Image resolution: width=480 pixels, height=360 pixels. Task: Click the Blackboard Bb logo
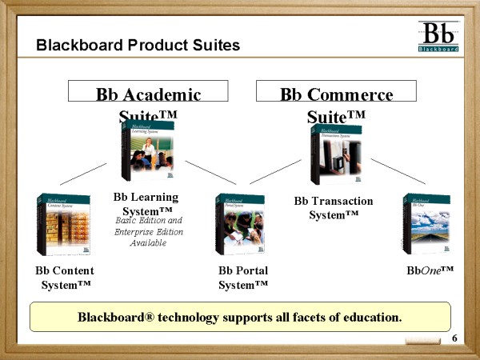pyautogui.click(x=438, y=37)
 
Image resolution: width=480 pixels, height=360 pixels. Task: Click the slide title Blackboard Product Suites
pyautogui.click(x=138, y=46)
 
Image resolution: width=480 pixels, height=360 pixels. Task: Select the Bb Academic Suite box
pyautogui.click(x=148, y=91)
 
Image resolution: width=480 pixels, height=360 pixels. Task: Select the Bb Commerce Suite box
pyautogui.click(x=337, y=91)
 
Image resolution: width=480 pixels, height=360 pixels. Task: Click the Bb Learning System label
pyautogui.click(x=146, y=203)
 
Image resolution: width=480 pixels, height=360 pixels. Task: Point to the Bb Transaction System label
pyautogui.click(x=334, y=208)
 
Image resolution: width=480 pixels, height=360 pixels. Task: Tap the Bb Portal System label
pyautogui.click(x=243, y=278)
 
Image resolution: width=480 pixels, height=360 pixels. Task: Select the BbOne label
pyautogui.click(x=430, y=271)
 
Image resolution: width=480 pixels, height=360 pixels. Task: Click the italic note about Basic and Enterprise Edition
pyautogui.click(x=149, y=231)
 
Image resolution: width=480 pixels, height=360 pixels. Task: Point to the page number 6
pyautogui.click(x=454, y=340)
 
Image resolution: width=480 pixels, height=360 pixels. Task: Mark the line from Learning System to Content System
pyautogui.click(x=82, y=174)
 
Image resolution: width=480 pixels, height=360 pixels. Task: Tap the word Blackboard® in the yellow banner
pyautogui.click(x=113, y=318)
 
